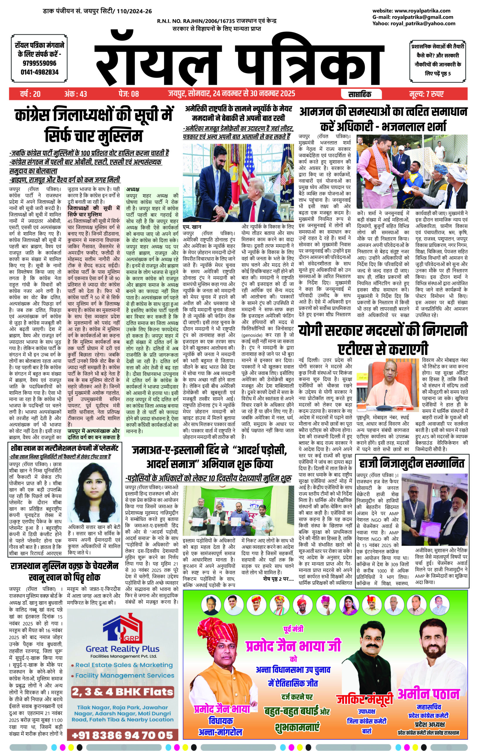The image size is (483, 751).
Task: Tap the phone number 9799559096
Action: click(x=40, y=63)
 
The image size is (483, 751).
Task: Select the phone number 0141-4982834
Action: click(x=40, y=72)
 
